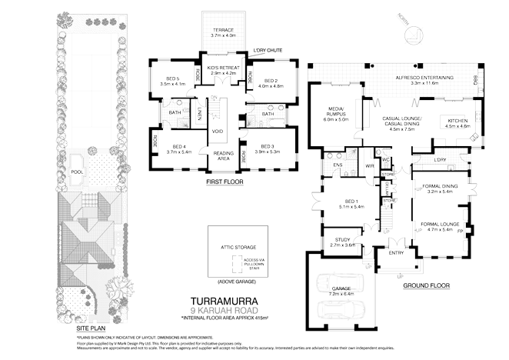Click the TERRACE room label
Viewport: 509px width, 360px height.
click(x=226, y=30)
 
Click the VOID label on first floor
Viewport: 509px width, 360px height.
click(x=217, y=131)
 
